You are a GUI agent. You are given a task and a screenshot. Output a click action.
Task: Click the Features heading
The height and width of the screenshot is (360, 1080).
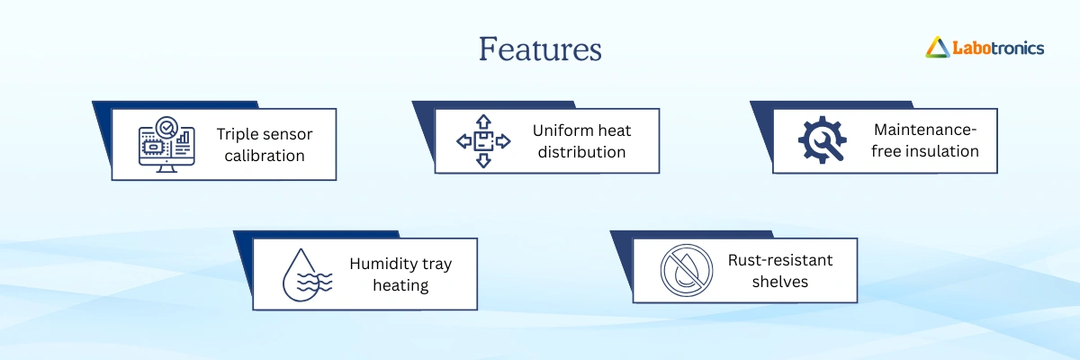coord(540,49)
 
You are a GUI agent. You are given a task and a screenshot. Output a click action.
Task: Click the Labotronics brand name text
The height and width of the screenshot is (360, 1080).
coord(998,49)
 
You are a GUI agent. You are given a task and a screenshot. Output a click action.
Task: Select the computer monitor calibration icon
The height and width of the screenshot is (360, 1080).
coord(166,144)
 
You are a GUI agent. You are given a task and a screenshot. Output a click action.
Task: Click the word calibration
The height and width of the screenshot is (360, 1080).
coord(265,156)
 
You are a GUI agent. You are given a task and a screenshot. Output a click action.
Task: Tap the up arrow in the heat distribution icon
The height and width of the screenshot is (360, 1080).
coord(483,121)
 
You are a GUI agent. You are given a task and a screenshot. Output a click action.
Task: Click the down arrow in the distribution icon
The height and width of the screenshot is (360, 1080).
coord(483,160)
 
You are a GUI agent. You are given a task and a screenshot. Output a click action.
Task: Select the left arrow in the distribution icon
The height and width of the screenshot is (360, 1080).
coord(464,141)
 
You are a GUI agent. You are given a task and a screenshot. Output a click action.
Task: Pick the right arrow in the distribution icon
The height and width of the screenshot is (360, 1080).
coord(503,141)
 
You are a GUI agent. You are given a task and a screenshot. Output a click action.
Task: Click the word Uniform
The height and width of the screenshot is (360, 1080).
coord(559,130)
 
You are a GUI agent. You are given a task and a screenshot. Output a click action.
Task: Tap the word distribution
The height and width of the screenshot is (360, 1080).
coord(582,152)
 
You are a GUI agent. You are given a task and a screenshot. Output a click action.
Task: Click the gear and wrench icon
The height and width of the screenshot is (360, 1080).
coord(822,139)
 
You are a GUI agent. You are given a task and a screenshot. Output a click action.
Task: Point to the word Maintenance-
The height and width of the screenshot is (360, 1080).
coord(925,130)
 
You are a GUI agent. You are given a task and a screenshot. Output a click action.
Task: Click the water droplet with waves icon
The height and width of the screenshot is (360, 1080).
coord(307,275)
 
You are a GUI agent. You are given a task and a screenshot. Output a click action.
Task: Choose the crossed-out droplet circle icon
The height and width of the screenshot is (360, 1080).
coord(687,270)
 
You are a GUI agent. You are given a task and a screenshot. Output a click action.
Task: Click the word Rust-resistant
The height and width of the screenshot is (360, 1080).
coord(780,260)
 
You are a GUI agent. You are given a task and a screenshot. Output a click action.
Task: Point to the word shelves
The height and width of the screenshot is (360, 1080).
coord(780,282)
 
